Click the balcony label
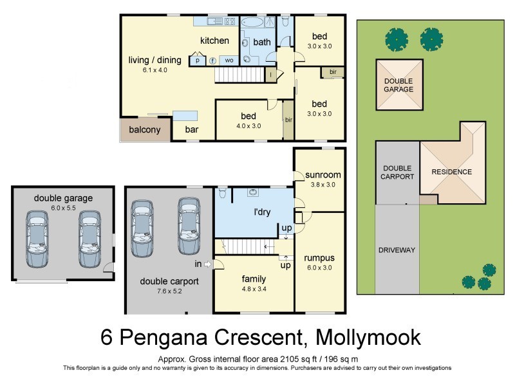click(144, 130)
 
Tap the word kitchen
click(214, 41)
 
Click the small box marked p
click(197, 60)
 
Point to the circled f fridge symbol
click(212, 60)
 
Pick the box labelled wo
click(229, 60)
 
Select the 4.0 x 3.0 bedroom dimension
click(248, 126)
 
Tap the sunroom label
click(323, 174)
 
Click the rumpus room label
click(320, 258)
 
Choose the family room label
click(254, 279)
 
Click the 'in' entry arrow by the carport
click(207, 264)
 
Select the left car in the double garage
click(37, 238)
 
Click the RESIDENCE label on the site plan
click(451, 172)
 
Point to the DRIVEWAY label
click(397, 250)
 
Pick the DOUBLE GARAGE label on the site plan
click(399, 86)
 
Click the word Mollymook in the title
click(362, 336)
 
